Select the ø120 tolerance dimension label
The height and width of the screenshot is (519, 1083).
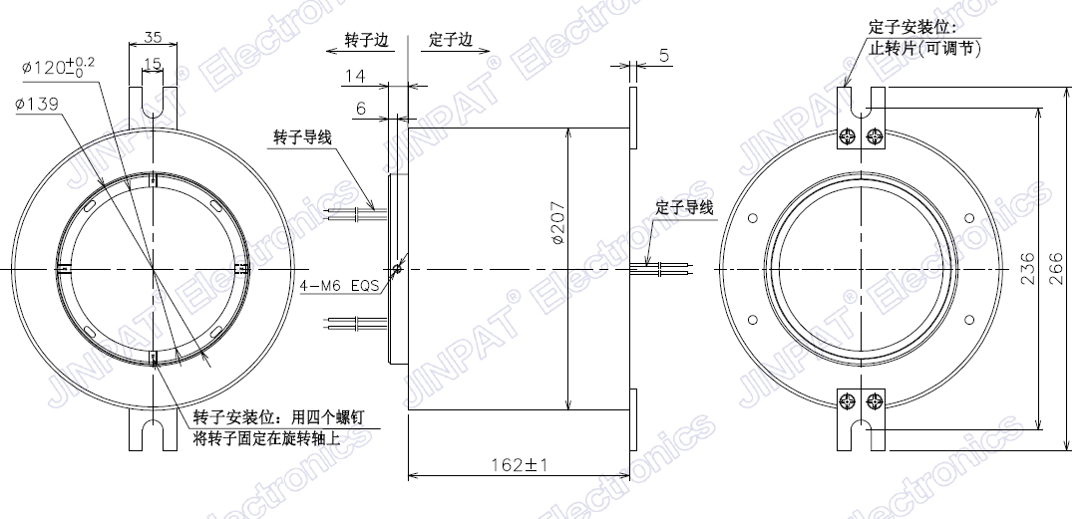(58, 68)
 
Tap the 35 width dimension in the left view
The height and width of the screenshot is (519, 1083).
(153, 37)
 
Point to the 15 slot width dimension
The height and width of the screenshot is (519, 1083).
(153, 64)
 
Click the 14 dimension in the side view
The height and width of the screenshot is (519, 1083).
(355, 76)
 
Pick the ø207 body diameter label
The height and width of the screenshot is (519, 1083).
(558, 222)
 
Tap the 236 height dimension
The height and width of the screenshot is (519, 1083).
(1028, 269)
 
